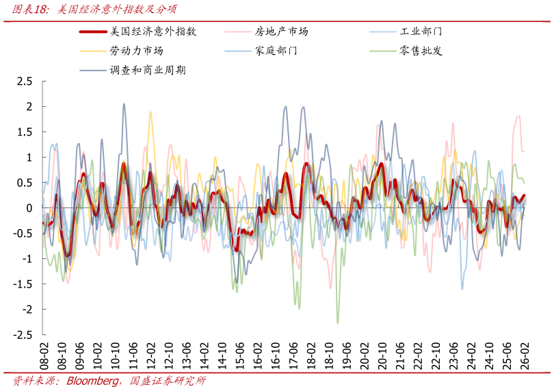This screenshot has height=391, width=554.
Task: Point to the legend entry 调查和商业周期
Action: click(147, 70)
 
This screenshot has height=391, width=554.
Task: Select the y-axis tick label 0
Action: click(29, 208)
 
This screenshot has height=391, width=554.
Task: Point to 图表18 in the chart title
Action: click(28, 9)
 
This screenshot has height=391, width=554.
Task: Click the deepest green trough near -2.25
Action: click(338, 323)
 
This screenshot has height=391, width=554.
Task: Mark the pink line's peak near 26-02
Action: click(519, 116)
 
